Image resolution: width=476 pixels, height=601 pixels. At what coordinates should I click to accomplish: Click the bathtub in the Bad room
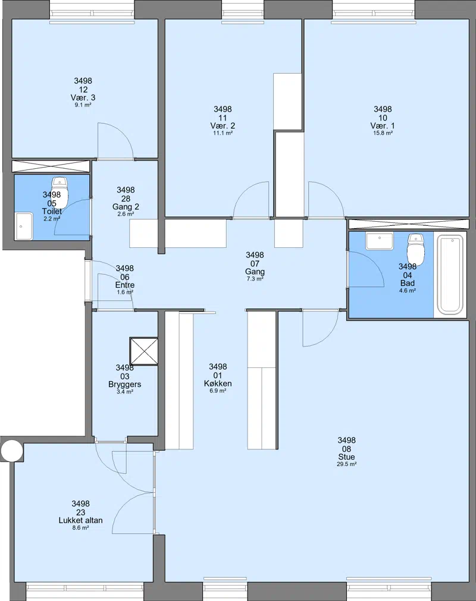[x=450, y=275]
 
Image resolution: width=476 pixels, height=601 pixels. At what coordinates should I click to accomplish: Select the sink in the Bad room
[x=380, y=241]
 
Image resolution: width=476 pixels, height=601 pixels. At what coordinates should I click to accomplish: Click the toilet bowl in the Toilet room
[x=59, y=191]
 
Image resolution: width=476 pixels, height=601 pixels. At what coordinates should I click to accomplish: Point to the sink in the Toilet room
[x=24, y=226]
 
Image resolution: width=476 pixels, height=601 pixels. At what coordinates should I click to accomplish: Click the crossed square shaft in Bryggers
[x=144, y=351]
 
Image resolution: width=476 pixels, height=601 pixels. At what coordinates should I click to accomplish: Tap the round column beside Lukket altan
[x=12, y=451]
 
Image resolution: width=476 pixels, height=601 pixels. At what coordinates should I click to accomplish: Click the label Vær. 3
[x=83, y=97]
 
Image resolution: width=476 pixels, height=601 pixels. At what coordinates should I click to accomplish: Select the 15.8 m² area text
[x=383, y=133]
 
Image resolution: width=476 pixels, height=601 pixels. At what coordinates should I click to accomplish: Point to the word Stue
[x=346, y=457]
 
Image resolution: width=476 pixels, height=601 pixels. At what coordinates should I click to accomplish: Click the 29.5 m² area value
[x=347, y=464]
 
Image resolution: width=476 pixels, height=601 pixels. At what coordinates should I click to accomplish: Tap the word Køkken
[x=218, y=383]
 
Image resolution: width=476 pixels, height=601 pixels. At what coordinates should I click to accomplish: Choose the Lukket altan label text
[x=80, y=521]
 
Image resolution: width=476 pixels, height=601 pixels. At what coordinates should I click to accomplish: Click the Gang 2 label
[x=126, y=207]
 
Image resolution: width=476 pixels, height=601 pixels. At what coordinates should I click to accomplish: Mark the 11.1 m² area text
[x=223, y=133]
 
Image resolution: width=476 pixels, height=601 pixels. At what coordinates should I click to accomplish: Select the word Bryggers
[x=125, y=385]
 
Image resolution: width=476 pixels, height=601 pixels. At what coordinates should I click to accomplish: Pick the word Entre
[x=125, y=285]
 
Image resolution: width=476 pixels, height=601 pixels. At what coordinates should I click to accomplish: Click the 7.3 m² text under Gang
[x=255, y=279]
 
